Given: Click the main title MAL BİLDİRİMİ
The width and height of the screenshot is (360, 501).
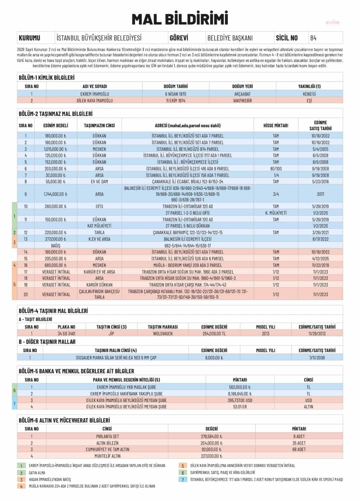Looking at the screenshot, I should click(180, 19).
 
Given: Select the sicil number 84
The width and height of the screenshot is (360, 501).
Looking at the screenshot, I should click(313, 38).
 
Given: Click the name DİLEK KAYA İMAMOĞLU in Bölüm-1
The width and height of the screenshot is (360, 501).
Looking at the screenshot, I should click(95, 101).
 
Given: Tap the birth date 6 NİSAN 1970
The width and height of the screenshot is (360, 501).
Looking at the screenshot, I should click(176, 94).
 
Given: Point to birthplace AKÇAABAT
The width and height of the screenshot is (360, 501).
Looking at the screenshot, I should click(242, 94).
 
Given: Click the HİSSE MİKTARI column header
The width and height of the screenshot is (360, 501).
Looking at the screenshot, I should click(276, 126).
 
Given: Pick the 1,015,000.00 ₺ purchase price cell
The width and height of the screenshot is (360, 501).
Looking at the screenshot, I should click(55, 149).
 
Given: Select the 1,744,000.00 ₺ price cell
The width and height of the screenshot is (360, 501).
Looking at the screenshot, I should click(55, 194).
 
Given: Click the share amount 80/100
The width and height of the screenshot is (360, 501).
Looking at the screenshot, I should click(276, 169).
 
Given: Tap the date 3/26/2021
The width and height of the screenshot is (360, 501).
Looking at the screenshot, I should click(320, 233).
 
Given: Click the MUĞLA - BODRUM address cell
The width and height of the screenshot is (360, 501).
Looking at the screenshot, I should click(187, 265).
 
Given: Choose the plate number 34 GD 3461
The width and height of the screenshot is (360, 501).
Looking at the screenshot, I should click(66, 333).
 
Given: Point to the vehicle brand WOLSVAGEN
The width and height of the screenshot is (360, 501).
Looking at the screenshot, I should click(163, 333).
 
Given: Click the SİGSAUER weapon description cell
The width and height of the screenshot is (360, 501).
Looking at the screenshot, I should click(116, 358).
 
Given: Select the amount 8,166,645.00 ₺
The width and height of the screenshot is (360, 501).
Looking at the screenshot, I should click(240, 394).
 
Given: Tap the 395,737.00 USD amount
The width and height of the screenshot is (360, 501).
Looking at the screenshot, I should click(240, 400).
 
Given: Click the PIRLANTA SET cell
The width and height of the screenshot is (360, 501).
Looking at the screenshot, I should click(107, 436).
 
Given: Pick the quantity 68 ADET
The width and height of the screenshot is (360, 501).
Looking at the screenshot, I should click(299, 449).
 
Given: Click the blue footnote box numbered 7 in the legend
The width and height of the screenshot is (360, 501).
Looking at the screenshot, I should click(183, 479).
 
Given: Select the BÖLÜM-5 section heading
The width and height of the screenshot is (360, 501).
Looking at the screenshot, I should click(76, 371).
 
